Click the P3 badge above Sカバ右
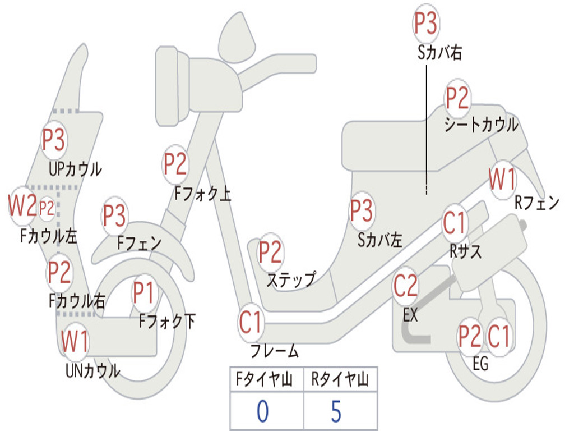tap(426, 24)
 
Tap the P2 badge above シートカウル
tap(457, 98)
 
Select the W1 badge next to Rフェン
tap(502, 180)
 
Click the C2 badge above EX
tap(406, 286)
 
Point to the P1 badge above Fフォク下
tap(144, 292)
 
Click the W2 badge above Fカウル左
tap(22, 207)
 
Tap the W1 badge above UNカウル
tap(75, 341)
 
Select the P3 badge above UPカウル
tap(54, 140)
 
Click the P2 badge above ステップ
tap(270, 252)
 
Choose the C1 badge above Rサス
tap(455, 223)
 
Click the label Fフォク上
tap(202, 193)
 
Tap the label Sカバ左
tap(379, 240)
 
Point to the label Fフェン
tap(139, 242)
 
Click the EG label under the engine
tap(480, 364)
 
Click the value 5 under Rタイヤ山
tap(336, 411)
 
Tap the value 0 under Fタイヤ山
tap(262, 411)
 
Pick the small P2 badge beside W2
tap(47, 208)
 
